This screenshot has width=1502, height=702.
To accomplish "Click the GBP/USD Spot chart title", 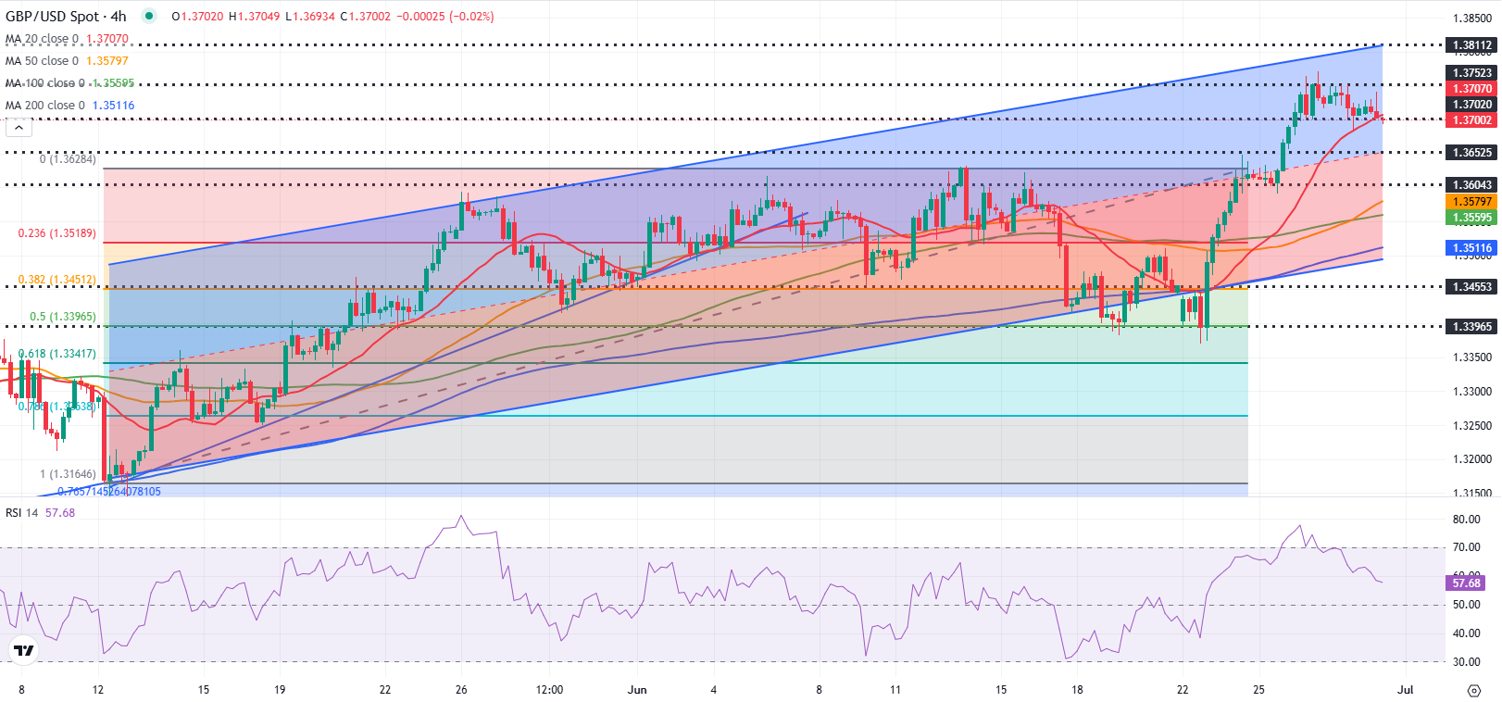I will [x=65, y=17].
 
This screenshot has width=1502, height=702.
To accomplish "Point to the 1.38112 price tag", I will [x=1471, y=45].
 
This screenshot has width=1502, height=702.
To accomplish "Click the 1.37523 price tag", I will [x=1471, y=73].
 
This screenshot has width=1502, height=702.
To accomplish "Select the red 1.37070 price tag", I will [x=1471, y=89].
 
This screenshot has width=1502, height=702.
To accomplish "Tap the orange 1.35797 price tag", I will [x=1471, y=202].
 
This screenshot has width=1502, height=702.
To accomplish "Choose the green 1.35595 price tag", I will [x=1471, y=218].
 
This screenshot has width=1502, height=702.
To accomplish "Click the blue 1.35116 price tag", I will [x=1471, y=248].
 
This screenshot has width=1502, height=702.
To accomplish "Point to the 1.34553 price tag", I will [x=1471, y=287].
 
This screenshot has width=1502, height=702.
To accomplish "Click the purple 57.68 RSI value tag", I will [x=1466, y=583].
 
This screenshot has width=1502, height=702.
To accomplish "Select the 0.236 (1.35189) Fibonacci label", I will [x=56, y=233].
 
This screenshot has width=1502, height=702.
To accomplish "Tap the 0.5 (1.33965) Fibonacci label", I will [x=62, y=317].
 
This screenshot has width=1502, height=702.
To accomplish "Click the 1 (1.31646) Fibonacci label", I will [x=68, y=474].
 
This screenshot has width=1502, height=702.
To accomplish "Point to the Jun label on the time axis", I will [x=637, y=690].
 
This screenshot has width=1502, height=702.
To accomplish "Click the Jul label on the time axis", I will [x=1405, y=690].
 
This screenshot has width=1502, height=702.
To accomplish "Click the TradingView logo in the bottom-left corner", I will [x=24, y=651].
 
